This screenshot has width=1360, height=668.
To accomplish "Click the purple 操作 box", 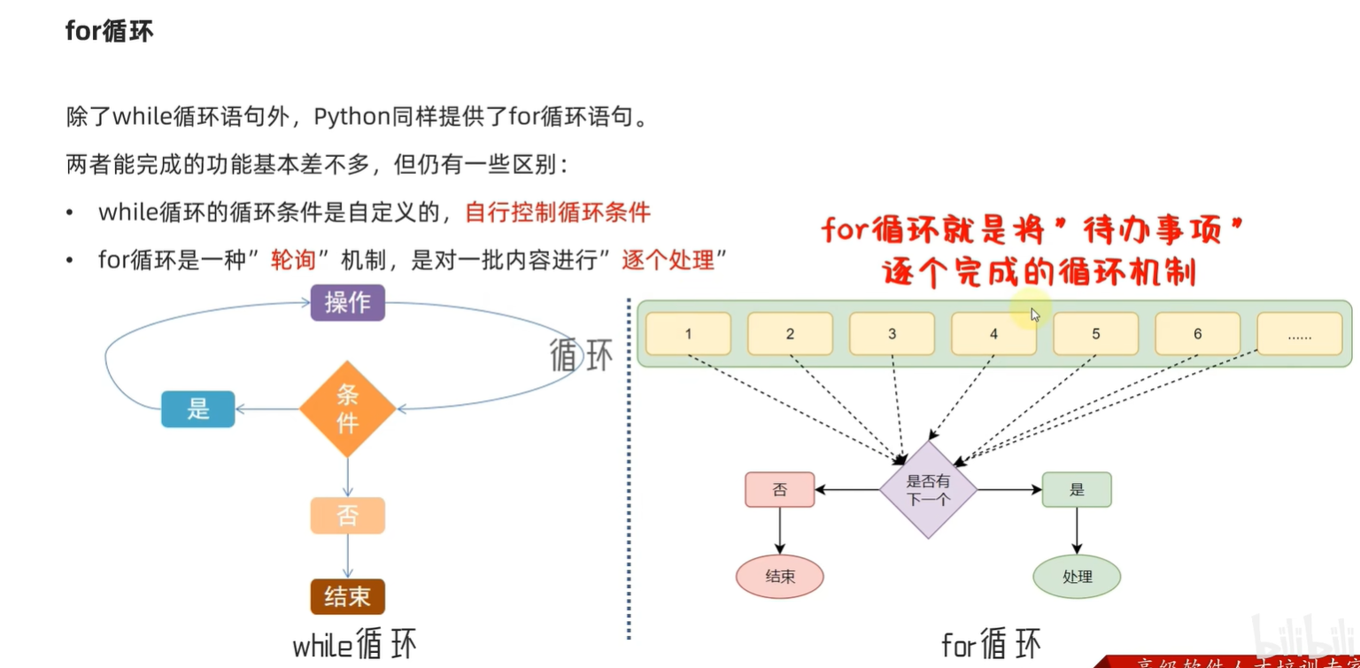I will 347,302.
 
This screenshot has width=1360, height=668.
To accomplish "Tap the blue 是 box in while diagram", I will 197,409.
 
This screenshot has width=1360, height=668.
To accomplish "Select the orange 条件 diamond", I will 347,409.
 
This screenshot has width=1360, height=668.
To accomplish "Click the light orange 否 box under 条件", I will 347,516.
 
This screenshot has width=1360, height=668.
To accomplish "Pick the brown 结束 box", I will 347,596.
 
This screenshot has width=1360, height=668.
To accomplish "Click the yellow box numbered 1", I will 688,334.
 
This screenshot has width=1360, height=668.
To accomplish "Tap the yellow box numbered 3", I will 892,334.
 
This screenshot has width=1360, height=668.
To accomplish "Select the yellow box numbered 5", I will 1095,334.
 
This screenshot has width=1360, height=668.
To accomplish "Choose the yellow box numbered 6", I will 1197,334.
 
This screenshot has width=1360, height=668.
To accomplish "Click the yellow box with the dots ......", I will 1299,334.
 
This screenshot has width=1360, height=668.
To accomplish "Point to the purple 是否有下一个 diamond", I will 928,490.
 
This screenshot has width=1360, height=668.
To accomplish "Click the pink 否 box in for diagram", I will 779,489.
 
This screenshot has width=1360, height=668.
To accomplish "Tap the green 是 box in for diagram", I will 1077,489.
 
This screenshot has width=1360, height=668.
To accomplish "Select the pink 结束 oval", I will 779,577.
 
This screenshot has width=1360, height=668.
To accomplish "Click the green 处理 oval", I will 1077,577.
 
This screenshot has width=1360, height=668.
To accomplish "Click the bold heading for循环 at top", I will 109,31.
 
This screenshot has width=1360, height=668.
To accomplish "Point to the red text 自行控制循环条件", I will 558,213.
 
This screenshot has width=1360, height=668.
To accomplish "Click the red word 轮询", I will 293,260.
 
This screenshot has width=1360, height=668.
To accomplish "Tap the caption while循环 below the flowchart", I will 354,645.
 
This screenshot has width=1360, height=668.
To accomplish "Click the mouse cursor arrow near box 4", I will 1034,314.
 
